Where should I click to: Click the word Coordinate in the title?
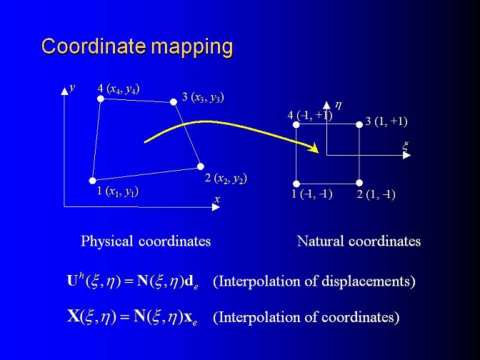click(94, 46)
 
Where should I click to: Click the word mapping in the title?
click(192, 48)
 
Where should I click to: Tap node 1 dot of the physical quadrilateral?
click(92, 181)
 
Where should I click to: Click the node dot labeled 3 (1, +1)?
click(359, 124)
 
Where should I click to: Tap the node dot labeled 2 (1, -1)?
click(359, 183)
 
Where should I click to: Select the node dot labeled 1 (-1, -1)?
click(296, 184)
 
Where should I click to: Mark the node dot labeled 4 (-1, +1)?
click(296, 124)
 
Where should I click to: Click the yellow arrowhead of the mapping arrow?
click(314, 148)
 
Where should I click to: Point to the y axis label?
click(72, 88)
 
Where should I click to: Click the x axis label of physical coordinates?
click(217, 199)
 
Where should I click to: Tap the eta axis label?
click(338, 106)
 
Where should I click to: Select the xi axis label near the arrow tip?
click(405, 146)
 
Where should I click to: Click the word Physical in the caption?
click(107, 241)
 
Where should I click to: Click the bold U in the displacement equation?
click(72, 281)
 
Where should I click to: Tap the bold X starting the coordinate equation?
click(74, 316)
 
